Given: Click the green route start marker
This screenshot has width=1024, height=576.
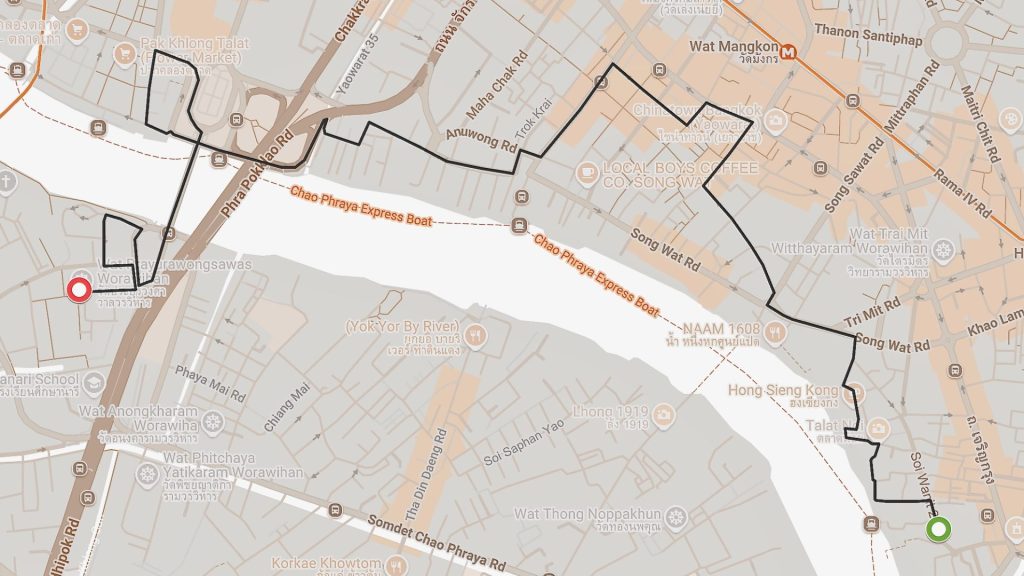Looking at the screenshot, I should pos(937,529).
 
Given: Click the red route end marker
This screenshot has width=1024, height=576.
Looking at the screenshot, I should pos(79,291).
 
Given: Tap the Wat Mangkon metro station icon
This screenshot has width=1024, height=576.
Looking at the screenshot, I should pos(789,50).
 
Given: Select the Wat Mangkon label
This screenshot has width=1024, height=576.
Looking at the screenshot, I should pos(734,46).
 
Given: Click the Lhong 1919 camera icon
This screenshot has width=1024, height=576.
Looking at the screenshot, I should pos(663,413).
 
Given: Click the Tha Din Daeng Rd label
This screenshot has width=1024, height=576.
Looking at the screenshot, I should pos(420,489).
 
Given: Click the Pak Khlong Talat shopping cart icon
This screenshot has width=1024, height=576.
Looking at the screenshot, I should pos(125,54).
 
